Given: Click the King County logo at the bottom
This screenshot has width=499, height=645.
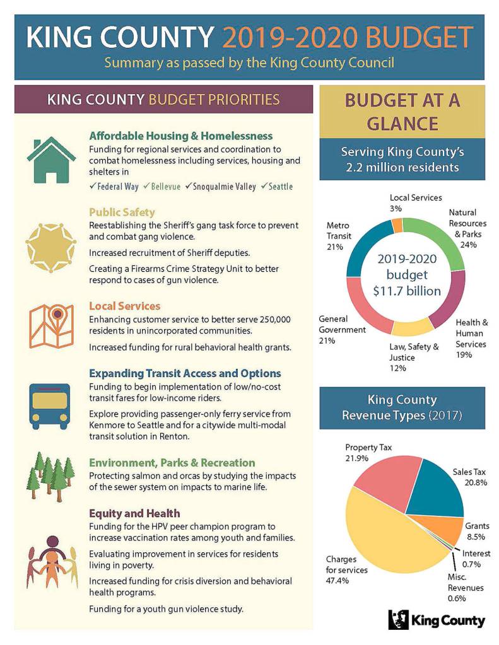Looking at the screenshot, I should click(437, 620).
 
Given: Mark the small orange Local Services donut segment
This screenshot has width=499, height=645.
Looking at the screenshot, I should click(397, 225).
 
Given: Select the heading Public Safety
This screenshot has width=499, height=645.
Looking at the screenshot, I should click(122, 212).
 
